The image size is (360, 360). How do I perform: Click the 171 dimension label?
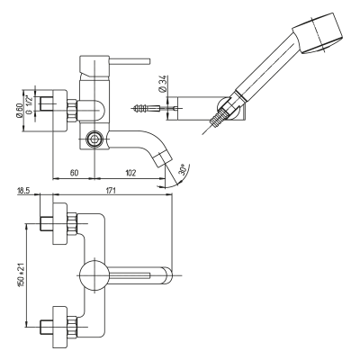click(111, 191)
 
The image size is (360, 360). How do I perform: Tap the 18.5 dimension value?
click(23, 191)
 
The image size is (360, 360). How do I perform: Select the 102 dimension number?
click(130, 173)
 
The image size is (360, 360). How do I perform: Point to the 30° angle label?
click(182, 169)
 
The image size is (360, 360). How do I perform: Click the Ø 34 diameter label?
click(164, 85)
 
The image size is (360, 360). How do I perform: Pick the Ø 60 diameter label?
click(19, 111)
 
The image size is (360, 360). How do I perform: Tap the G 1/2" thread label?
click(30, 104)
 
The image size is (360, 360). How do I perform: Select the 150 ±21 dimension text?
click(21, 275)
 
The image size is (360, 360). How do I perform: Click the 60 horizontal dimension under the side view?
click(75, 173)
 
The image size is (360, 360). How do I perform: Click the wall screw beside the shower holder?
click(145, 107)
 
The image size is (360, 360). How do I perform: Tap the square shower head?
click(317, 33)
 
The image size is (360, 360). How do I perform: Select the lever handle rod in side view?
click(130, 61)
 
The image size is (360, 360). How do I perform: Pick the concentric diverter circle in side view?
click(94, 139)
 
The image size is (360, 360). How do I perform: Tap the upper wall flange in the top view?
click(60, 223)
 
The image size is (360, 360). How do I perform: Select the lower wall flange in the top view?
click(60, 327)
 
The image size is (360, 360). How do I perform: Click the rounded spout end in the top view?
click(167, 275)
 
